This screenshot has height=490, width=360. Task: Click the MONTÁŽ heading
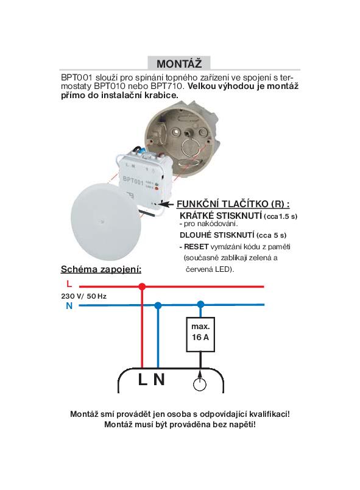[179, 64]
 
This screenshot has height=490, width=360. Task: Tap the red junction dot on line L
[142, 286]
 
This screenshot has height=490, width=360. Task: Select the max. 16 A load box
[200, 335]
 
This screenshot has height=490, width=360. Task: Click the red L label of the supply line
[69, 284]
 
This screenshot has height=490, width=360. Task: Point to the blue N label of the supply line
[69, 306]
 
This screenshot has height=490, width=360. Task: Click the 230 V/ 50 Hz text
[83, 296]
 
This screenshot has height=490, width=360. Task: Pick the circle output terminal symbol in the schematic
[200, 385]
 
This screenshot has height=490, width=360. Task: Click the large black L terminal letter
[143, 380]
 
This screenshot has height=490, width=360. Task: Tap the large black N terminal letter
[159, 380]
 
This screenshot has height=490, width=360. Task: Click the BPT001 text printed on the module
[133, 180]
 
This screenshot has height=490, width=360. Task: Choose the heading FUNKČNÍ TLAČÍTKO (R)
[233, 204]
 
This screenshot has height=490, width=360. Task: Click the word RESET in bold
[196, 247]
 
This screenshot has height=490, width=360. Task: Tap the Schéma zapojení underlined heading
[101, 269]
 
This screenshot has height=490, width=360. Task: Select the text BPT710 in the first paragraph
[166, 86]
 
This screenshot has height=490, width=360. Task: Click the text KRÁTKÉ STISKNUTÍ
[221, 216]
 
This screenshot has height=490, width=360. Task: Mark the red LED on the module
[155, 189]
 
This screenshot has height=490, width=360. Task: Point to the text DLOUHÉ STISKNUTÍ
[217, 235]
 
